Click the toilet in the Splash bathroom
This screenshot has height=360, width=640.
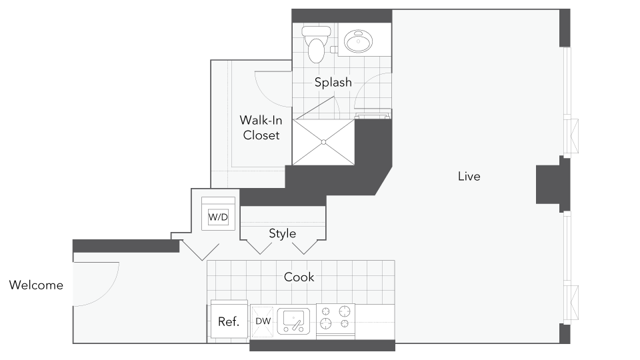(x=316, y=44)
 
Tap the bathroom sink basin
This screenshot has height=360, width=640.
(x=359, y=41)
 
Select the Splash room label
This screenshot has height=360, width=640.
(x=333, y=82)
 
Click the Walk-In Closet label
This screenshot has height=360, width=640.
(x=261, y=128)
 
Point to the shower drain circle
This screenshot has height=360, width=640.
(x=324, y=142)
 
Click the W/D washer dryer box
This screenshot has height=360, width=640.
(x=219, y=217)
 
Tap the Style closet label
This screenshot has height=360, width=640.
(x=283, y=233)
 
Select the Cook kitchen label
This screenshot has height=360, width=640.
(x=299, y=277)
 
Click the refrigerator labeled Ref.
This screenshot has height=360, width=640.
(x=229, y=320)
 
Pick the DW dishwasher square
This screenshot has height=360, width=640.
(x=262, y=321)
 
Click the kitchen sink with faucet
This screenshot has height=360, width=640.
(x=293, y=321)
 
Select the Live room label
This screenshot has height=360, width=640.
(x=469, y=176)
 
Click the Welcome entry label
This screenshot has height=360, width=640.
(x=36, y=285)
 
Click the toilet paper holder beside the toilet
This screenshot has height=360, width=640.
(x=334, y=50)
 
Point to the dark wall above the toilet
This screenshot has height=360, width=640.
(x=342, y=15)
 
